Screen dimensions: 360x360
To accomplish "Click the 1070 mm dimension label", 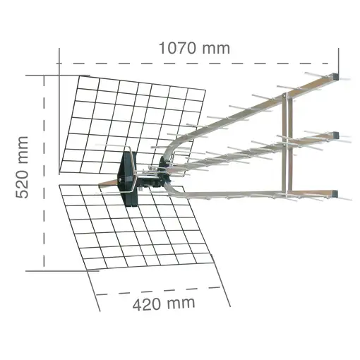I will (194, 48).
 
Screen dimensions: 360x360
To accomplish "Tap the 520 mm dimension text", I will (23, 167).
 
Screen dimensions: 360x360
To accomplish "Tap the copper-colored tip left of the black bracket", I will (106, 183).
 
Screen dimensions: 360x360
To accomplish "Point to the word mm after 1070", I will (215, 48).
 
